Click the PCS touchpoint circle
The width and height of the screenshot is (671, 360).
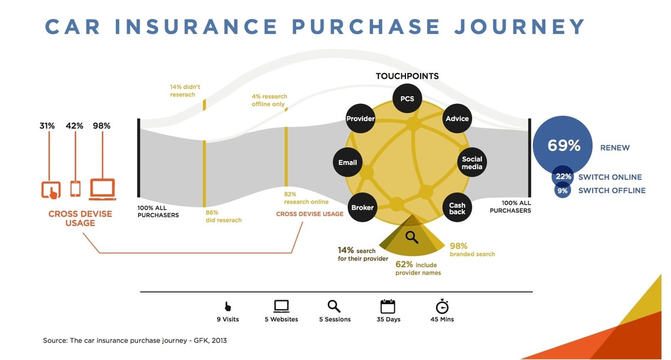point(407,99)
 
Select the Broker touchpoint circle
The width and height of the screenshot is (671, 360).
point(363,207)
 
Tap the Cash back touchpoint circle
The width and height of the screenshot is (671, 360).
point(457,208)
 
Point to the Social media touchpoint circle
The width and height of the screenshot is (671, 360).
point(472,163)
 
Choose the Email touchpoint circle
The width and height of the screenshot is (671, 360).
point(348,163)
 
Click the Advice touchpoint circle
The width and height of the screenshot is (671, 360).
point(457,119)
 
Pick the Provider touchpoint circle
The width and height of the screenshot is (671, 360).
point(360,119)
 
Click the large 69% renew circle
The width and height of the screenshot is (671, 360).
point(563,146)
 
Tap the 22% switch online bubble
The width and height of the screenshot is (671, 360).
point(563,177)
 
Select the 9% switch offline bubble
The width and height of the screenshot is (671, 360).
point(562,190)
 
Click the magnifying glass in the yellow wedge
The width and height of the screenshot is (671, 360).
point(412,237)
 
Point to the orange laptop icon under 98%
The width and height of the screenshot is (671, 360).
point(102,189)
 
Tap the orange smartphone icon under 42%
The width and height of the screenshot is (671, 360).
point(75,189)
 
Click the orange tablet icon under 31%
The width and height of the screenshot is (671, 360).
point(51,190)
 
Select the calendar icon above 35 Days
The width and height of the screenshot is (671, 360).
point(388,307)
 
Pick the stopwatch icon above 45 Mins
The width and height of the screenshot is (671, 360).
point(442,306)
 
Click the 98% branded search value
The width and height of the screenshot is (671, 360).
point(459,245)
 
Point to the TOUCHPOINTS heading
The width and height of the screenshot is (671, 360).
point(407,76)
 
